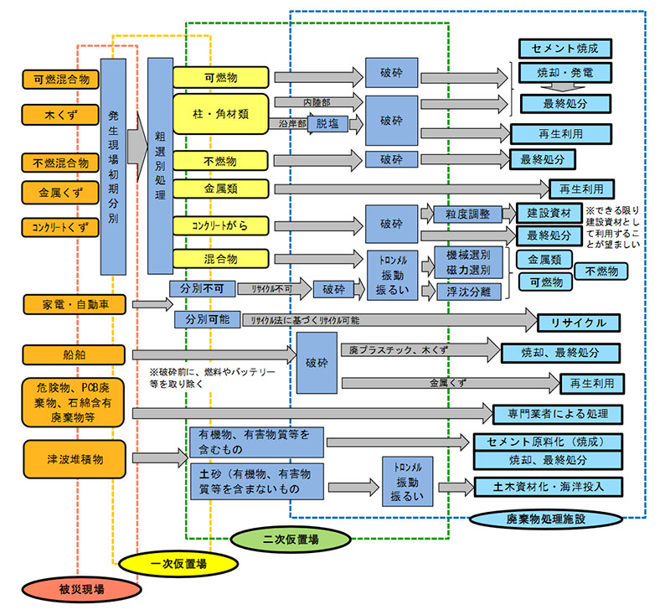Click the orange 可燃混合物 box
click(60, 80)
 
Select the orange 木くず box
click(60, 113)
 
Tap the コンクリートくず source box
click(60, 227)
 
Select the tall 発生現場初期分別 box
click(113, 167)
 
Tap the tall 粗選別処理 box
click(159, 167)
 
